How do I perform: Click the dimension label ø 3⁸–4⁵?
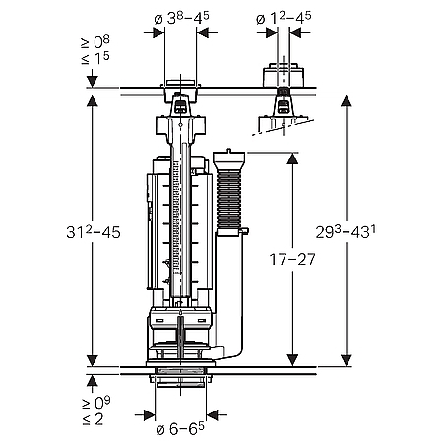pos(181,18)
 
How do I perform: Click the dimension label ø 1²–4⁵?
pos(284,18)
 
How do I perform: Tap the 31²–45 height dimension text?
pos(94,232)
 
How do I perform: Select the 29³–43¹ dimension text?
pos(346,232)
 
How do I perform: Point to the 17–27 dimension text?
pos(292,259)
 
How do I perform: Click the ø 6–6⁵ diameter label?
pos(180,428)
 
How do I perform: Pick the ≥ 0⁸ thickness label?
pos(95,42)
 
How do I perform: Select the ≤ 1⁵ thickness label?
pos(95,58)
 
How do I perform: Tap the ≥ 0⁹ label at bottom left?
pos(96,403)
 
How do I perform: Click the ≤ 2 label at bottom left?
pos(93,419)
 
